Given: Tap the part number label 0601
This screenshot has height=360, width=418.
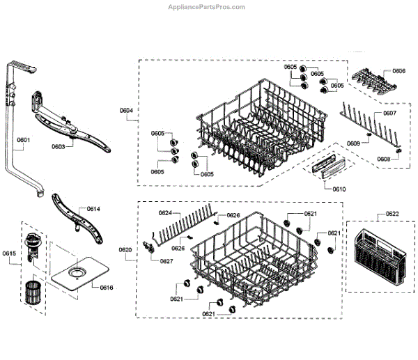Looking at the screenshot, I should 23,140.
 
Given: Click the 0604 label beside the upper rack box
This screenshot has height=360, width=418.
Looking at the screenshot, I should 126,110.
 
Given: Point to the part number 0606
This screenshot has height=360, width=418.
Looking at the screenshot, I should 398,71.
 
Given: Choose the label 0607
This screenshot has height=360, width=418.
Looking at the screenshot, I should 389,113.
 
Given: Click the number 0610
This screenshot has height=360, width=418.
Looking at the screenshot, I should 339,189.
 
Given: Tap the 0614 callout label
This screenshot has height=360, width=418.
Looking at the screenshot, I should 93,209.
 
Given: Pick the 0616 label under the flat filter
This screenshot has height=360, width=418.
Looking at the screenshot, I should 107,288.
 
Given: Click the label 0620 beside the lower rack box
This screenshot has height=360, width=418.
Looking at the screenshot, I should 125,249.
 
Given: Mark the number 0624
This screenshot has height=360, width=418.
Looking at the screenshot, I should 165,212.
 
